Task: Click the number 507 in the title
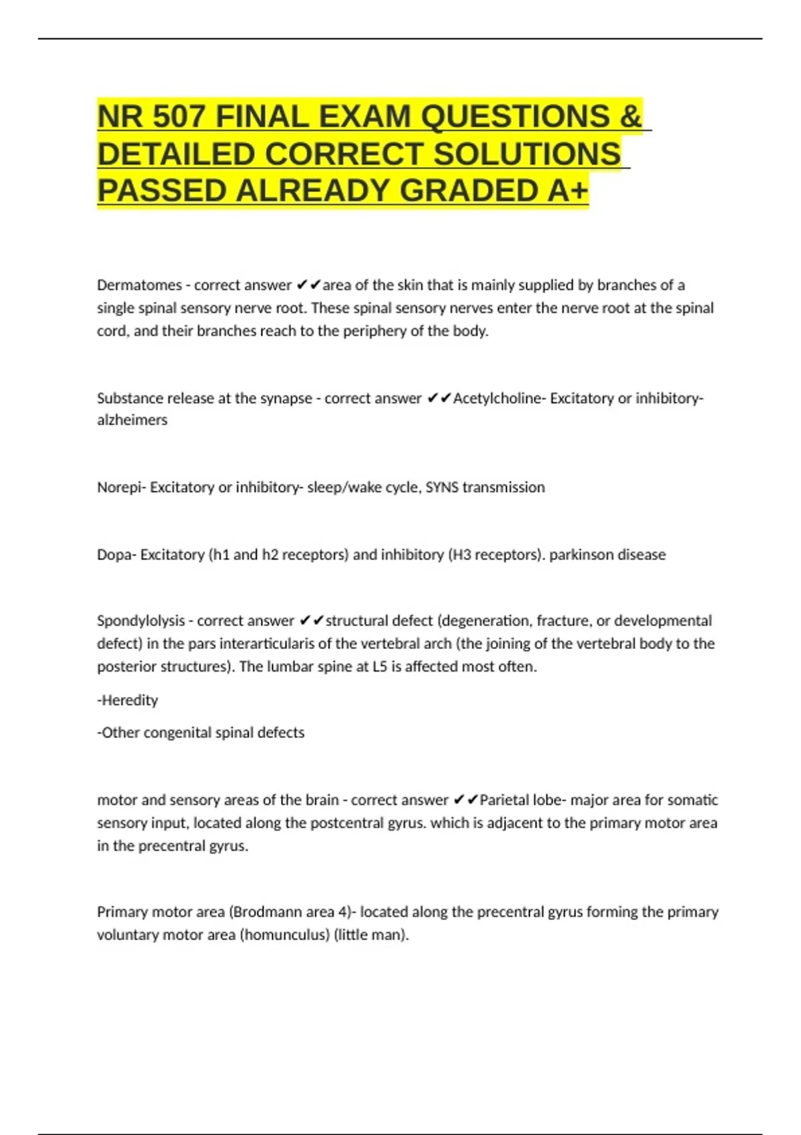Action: pyautogui.click(x=178, y=117)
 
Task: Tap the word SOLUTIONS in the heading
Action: pyautogui.click(x=527, y=154)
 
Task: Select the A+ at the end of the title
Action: pyautogui.click(x=568, y=191)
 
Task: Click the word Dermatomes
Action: pyautogui.click(x=139, y=285)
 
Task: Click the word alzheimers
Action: pyautogui.click(x=132, y=420)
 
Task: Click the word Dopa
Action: pyautogui.click(x=115, y=555)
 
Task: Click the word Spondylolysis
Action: pyautogui.click(x=141, y=621)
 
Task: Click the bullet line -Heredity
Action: pyautogui.click(x=127, y=700)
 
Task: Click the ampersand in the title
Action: pyautogui.click(x=630, y=117)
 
